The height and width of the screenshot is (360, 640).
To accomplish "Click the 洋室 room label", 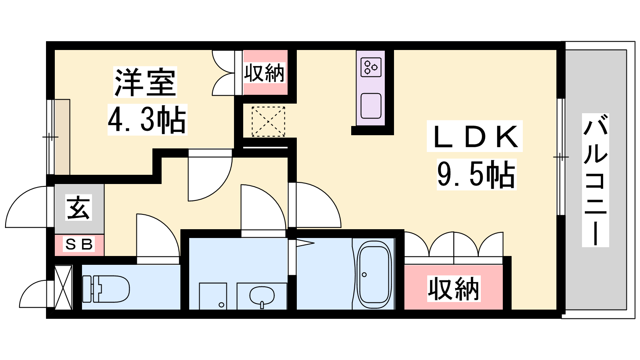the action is [x=145, y=82].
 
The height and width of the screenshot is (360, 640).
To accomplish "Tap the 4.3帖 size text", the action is [x=147, y=120].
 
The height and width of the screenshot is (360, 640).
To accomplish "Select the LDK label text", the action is [x=474, y=136].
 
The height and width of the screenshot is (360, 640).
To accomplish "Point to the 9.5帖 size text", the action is [x=476, y=174].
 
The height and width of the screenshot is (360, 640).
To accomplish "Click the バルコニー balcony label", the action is [x=595, y=180].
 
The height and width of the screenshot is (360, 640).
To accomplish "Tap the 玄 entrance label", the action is [x=79, y=208].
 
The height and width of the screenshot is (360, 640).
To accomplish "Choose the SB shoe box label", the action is [x=79, y=244].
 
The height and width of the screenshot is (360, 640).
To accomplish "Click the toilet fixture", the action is [x=106, y=289].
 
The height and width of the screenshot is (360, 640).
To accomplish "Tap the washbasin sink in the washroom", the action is [x=262, y=296].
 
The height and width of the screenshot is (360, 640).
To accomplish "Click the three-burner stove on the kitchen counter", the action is [x=371, y=68].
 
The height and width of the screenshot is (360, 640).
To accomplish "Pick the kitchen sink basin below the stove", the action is [x=371, y=106].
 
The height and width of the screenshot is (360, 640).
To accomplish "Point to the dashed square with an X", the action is [x=268, y=122].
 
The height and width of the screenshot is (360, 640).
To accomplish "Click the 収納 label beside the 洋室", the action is [x=264, y=73].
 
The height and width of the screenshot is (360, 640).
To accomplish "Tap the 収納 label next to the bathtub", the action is [x=454, y=288].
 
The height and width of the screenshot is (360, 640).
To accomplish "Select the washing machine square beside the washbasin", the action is [x=213, y=296].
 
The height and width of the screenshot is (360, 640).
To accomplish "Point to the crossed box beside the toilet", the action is [x=63, y=288].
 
